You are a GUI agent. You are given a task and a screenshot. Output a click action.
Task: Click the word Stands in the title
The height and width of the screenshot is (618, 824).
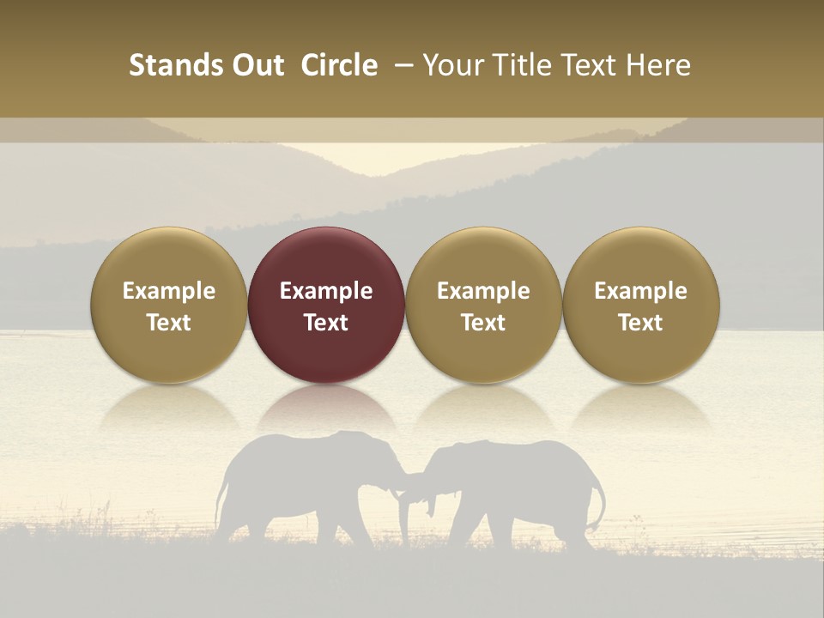[169, 65]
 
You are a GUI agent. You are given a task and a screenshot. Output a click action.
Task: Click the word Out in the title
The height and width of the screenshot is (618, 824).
[256, 65]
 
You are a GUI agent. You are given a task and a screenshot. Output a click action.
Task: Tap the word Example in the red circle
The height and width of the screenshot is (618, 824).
[326, 291]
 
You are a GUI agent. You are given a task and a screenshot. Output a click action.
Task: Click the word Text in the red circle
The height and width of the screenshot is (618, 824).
[326, 323]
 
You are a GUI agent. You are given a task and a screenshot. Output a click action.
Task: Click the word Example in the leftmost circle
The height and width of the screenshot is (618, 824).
[169, 291]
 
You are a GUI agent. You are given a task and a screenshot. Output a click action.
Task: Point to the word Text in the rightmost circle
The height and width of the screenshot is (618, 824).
[641, 323]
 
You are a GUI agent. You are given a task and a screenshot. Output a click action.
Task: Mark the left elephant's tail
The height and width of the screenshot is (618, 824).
[221, 506]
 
